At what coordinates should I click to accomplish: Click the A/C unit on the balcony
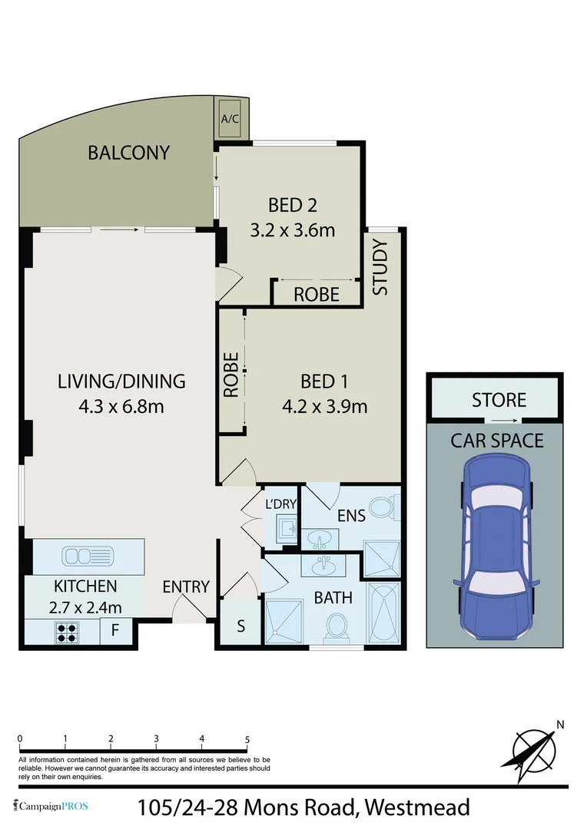(230, 118)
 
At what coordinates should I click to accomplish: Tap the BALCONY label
(128, 153)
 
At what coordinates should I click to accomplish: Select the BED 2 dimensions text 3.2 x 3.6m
(293, 230)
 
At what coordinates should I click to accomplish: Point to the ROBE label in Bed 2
(317, 295)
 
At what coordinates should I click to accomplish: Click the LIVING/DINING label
(121, 381)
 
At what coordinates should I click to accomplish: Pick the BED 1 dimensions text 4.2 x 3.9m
(324, 406)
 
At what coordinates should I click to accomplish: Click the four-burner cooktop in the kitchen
(67, 632)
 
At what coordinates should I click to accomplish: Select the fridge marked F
(115, 632)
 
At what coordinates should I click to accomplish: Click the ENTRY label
(186, 587)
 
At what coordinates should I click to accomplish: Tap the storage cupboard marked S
(240, 626)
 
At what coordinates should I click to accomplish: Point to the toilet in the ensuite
(381, 507)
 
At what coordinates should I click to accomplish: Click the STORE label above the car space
(499, 400)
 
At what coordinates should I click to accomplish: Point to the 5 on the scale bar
(247, 739)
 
